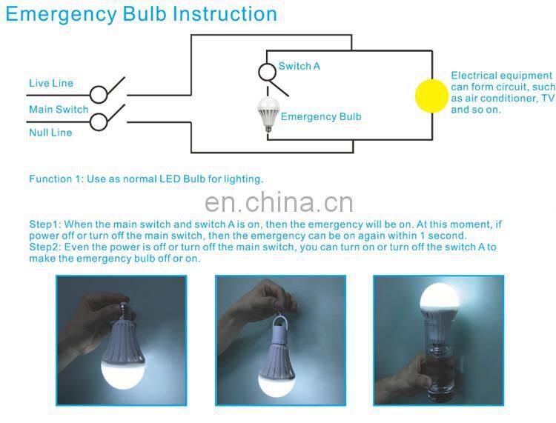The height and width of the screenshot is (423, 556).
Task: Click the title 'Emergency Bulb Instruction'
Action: (141, 13)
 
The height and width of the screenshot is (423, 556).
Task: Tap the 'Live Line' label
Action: (51, 83)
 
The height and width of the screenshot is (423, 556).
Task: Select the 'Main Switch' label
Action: (59, 110)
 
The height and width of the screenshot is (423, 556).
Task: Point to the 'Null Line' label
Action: (50, 133)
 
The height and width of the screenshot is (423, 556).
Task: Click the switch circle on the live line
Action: (99, 95)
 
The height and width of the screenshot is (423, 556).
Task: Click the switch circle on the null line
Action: (99, 121)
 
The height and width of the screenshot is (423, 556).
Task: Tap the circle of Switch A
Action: (267, 72)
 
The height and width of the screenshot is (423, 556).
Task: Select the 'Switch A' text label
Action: (299, 67)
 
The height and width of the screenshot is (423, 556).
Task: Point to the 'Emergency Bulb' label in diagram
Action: (321, 117)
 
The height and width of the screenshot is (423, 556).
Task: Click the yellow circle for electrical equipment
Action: (431, 95)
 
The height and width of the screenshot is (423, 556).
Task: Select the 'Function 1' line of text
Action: (146, 179)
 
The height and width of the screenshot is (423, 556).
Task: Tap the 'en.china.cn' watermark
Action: (278, 202)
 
